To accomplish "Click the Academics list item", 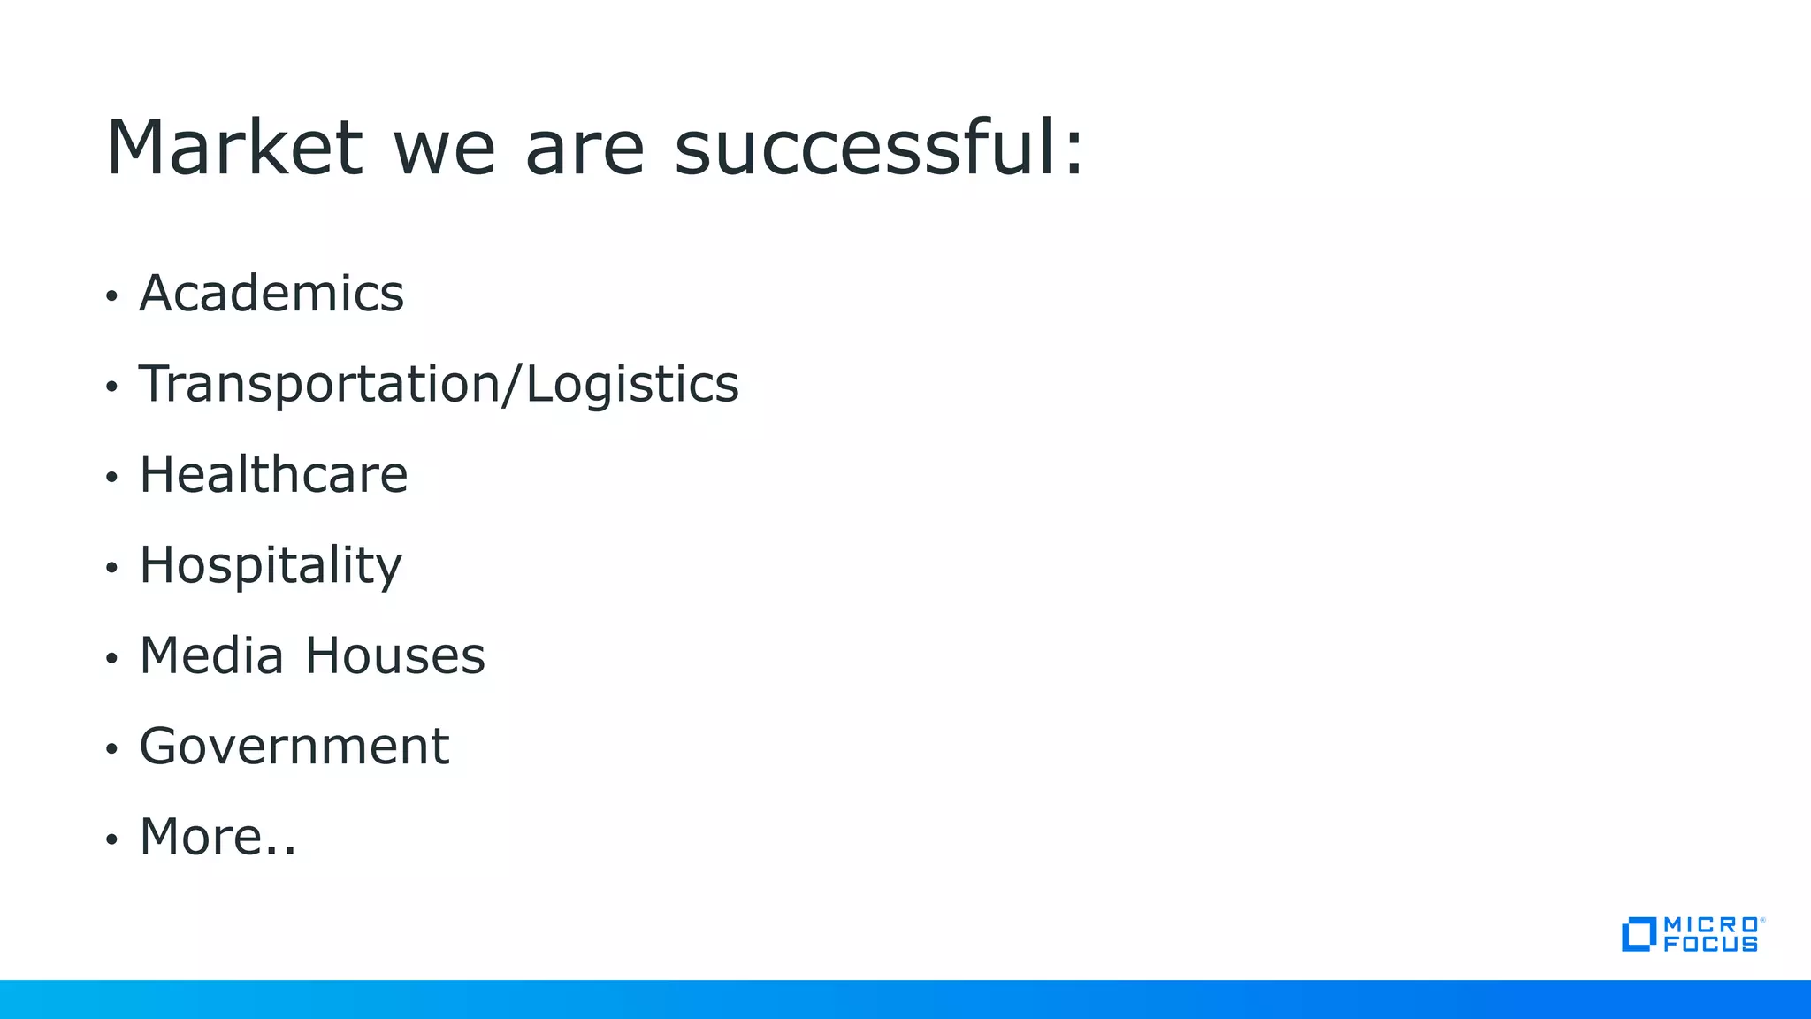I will (271, 294).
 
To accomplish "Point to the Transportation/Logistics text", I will (439, 385).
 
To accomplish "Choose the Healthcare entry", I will (273, 475).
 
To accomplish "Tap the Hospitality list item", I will (271, 566).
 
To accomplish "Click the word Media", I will (211, 656).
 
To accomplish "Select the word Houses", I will (395, 656).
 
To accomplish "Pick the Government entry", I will (294, 747).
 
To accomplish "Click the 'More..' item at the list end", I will (218, 837).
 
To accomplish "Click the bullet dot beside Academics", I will (111, 296).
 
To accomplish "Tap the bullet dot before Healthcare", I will (111, 478).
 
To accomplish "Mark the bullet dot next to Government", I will (111, 749).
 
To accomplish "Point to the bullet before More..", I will (111, 839).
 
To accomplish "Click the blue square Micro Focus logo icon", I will (1638, 934).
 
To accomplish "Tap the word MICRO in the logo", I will (1710, 924).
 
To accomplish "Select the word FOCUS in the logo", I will (1710, 945).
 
